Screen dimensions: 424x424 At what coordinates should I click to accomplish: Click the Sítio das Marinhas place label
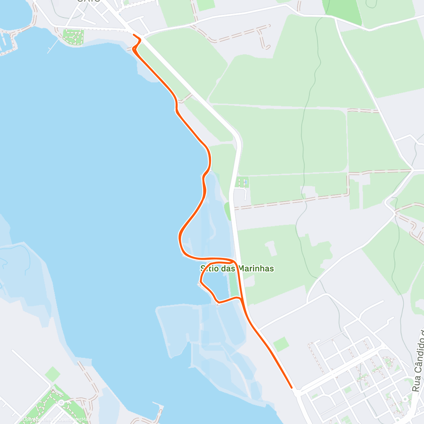pos(237,269)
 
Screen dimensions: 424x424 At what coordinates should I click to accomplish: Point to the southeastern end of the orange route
pos(291,387)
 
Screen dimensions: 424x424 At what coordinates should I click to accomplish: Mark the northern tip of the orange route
pos(134,35)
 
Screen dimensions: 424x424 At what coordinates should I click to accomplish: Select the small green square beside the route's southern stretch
pos(281,344)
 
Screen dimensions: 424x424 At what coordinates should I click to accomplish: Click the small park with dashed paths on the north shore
pos(73,37)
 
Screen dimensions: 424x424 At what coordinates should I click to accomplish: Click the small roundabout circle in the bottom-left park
pos(61,402)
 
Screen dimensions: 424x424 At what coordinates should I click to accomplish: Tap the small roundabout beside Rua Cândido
pos(403,400)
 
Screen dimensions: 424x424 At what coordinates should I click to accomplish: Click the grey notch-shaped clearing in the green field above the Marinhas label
pos(271,248)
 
